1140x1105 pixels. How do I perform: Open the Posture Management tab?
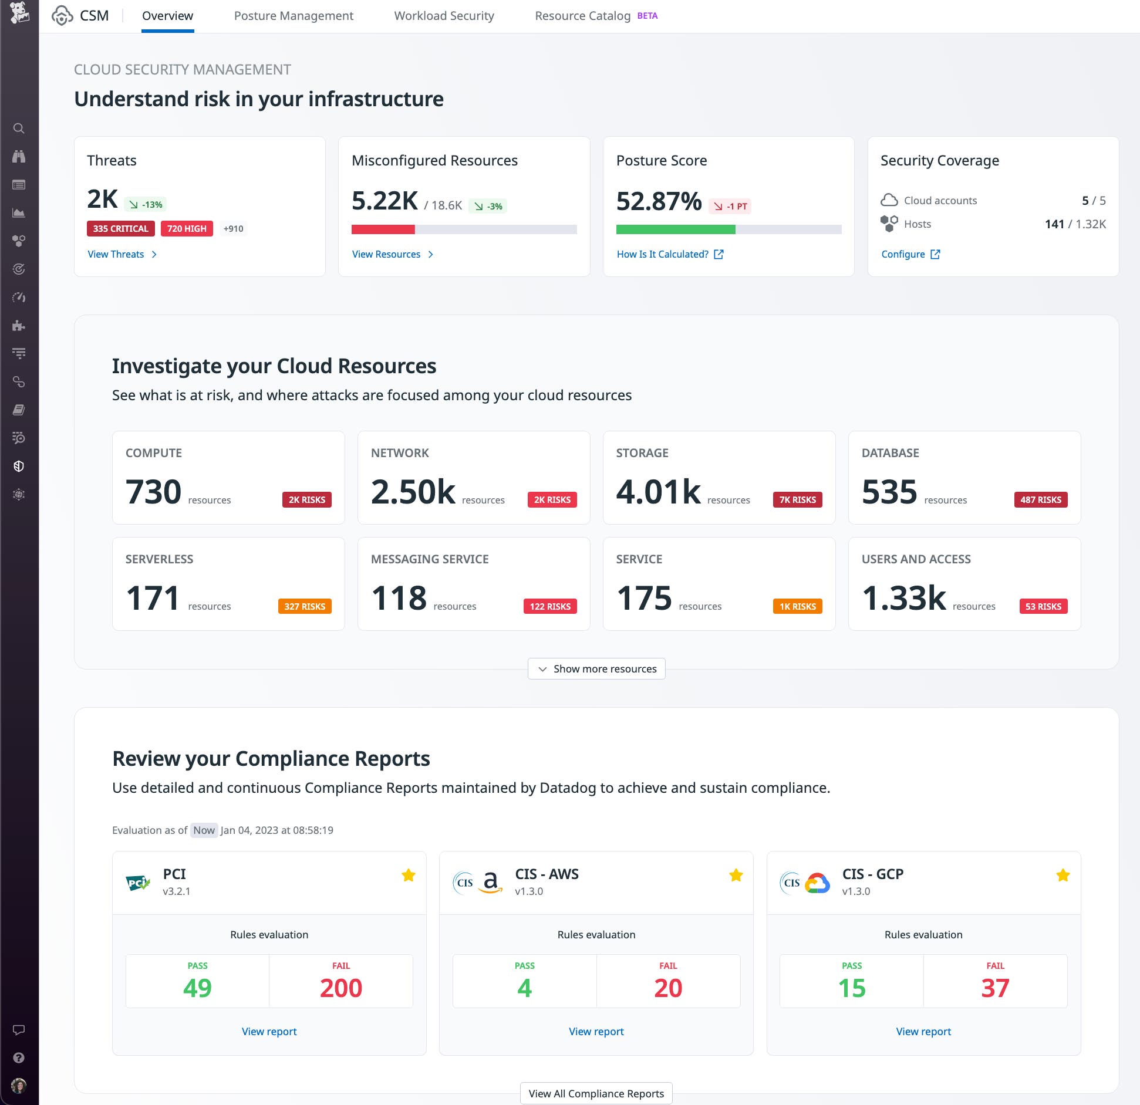(x=294, y=16)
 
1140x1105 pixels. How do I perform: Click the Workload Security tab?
(x=444, y=16)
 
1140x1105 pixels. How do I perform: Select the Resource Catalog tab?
(x=582, y=16)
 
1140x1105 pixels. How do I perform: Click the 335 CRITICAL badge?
(x=120, y=228)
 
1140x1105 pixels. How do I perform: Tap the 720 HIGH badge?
(x=187, y=228)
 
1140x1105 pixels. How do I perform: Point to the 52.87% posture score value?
(x=659, y=201)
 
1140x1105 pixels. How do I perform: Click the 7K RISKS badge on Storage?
(x=797, y=499)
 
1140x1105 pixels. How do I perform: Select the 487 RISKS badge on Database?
(x=1040, y=499)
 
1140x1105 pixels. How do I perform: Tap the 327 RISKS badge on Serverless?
(x=305, y=606)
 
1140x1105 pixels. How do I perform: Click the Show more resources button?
(x=596, y=668)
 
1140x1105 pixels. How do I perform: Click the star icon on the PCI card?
(x=409, y=876)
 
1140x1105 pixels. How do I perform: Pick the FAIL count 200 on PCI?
(x=340, y=988)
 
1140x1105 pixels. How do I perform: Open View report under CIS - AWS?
(x=596, y=1031)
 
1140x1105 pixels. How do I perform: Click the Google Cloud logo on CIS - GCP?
(x=817, y=883)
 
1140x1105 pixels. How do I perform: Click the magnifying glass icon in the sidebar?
(x=19, y=129)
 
